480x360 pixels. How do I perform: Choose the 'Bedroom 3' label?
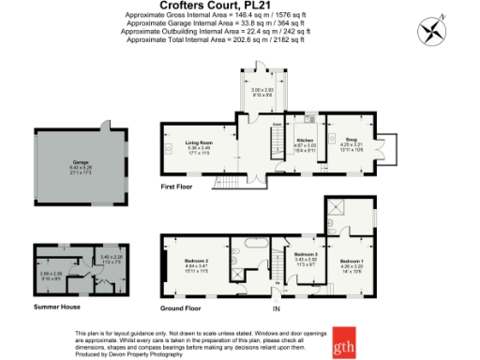[x=307, y=255]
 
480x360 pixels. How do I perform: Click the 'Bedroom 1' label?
[x=352, y=260]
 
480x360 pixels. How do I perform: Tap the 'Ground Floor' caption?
[x=181, y=307]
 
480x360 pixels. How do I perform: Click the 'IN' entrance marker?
[x=277, y=307]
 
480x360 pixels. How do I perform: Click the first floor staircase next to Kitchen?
[x=278, y=145]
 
